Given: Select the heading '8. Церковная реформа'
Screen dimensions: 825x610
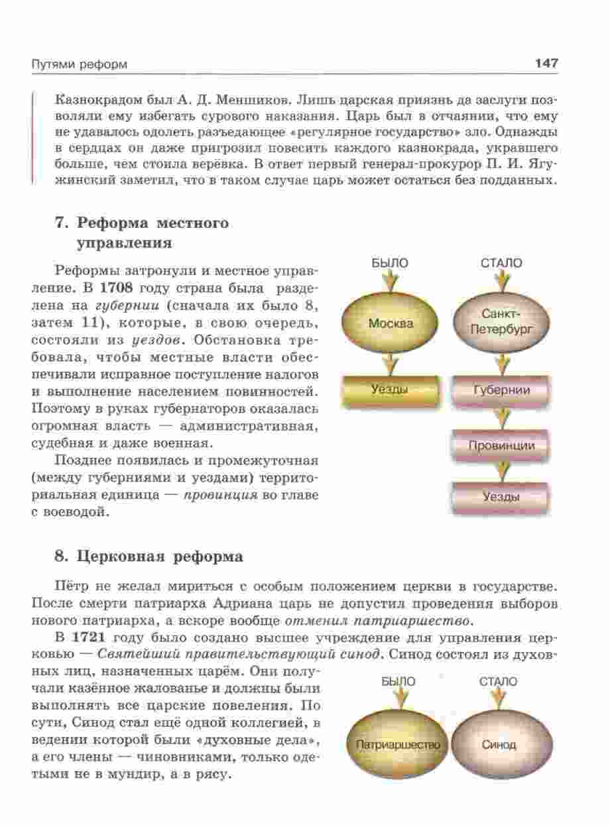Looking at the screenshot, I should (x=149, y=557).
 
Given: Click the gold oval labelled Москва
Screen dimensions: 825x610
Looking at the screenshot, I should (x=391, y=324).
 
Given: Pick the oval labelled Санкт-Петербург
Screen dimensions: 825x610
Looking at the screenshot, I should (x=501, y=323).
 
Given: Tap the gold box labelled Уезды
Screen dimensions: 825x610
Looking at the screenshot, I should (x=390, y=390).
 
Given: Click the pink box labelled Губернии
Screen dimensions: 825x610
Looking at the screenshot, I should (x=501, y=390).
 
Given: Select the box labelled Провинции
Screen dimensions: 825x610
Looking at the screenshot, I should (x=501, y=445).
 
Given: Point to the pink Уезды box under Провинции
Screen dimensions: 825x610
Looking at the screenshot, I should (x=501, y=497).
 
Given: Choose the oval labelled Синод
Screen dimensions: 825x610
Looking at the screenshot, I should (x=499, y=744).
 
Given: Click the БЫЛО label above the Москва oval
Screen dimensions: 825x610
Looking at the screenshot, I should (x=390, y=263).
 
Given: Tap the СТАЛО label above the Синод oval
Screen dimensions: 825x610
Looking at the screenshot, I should (x=499, y=681).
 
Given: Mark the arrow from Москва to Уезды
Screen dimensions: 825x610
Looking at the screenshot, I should (x=391, y=363).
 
